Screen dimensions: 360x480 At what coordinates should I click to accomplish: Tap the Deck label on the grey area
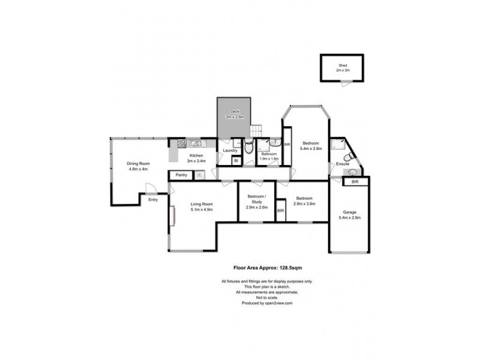(x=235, y=113)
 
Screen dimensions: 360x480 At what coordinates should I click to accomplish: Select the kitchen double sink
(x=196, y=143)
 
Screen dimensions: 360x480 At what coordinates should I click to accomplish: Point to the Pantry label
(x=182, y=175)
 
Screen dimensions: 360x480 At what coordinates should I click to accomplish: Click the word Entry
(x=153, y=199)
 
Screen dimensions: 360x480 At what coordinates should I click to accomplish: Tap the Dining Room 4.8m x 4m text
(x=138, y=166)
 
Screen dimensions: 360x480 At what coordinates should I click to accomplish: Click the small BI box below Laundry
(x=235, y=160)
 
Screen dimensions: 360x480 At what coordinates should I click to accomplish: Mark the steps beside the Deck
(x=256, y=130)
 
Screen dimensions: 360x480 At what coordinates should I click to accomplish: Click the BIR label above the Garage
(x=355, y=181)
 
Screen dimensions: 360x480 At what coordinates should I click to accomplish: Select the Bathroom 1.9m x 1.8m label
(x=268, y=157)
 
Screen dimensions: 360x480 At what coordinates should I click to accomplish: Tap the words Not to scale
(x=266, y=298)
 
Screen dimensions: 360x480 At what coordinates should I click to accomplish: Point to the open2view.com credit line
(x=266, y=304)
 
